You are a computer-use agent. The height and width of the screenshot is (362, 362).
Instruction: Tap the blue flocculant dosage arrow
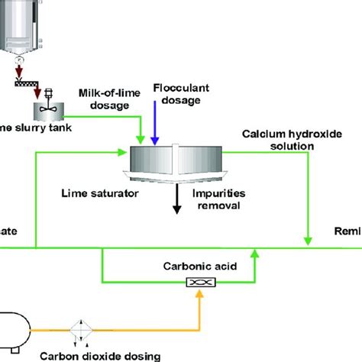[155, 122]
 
